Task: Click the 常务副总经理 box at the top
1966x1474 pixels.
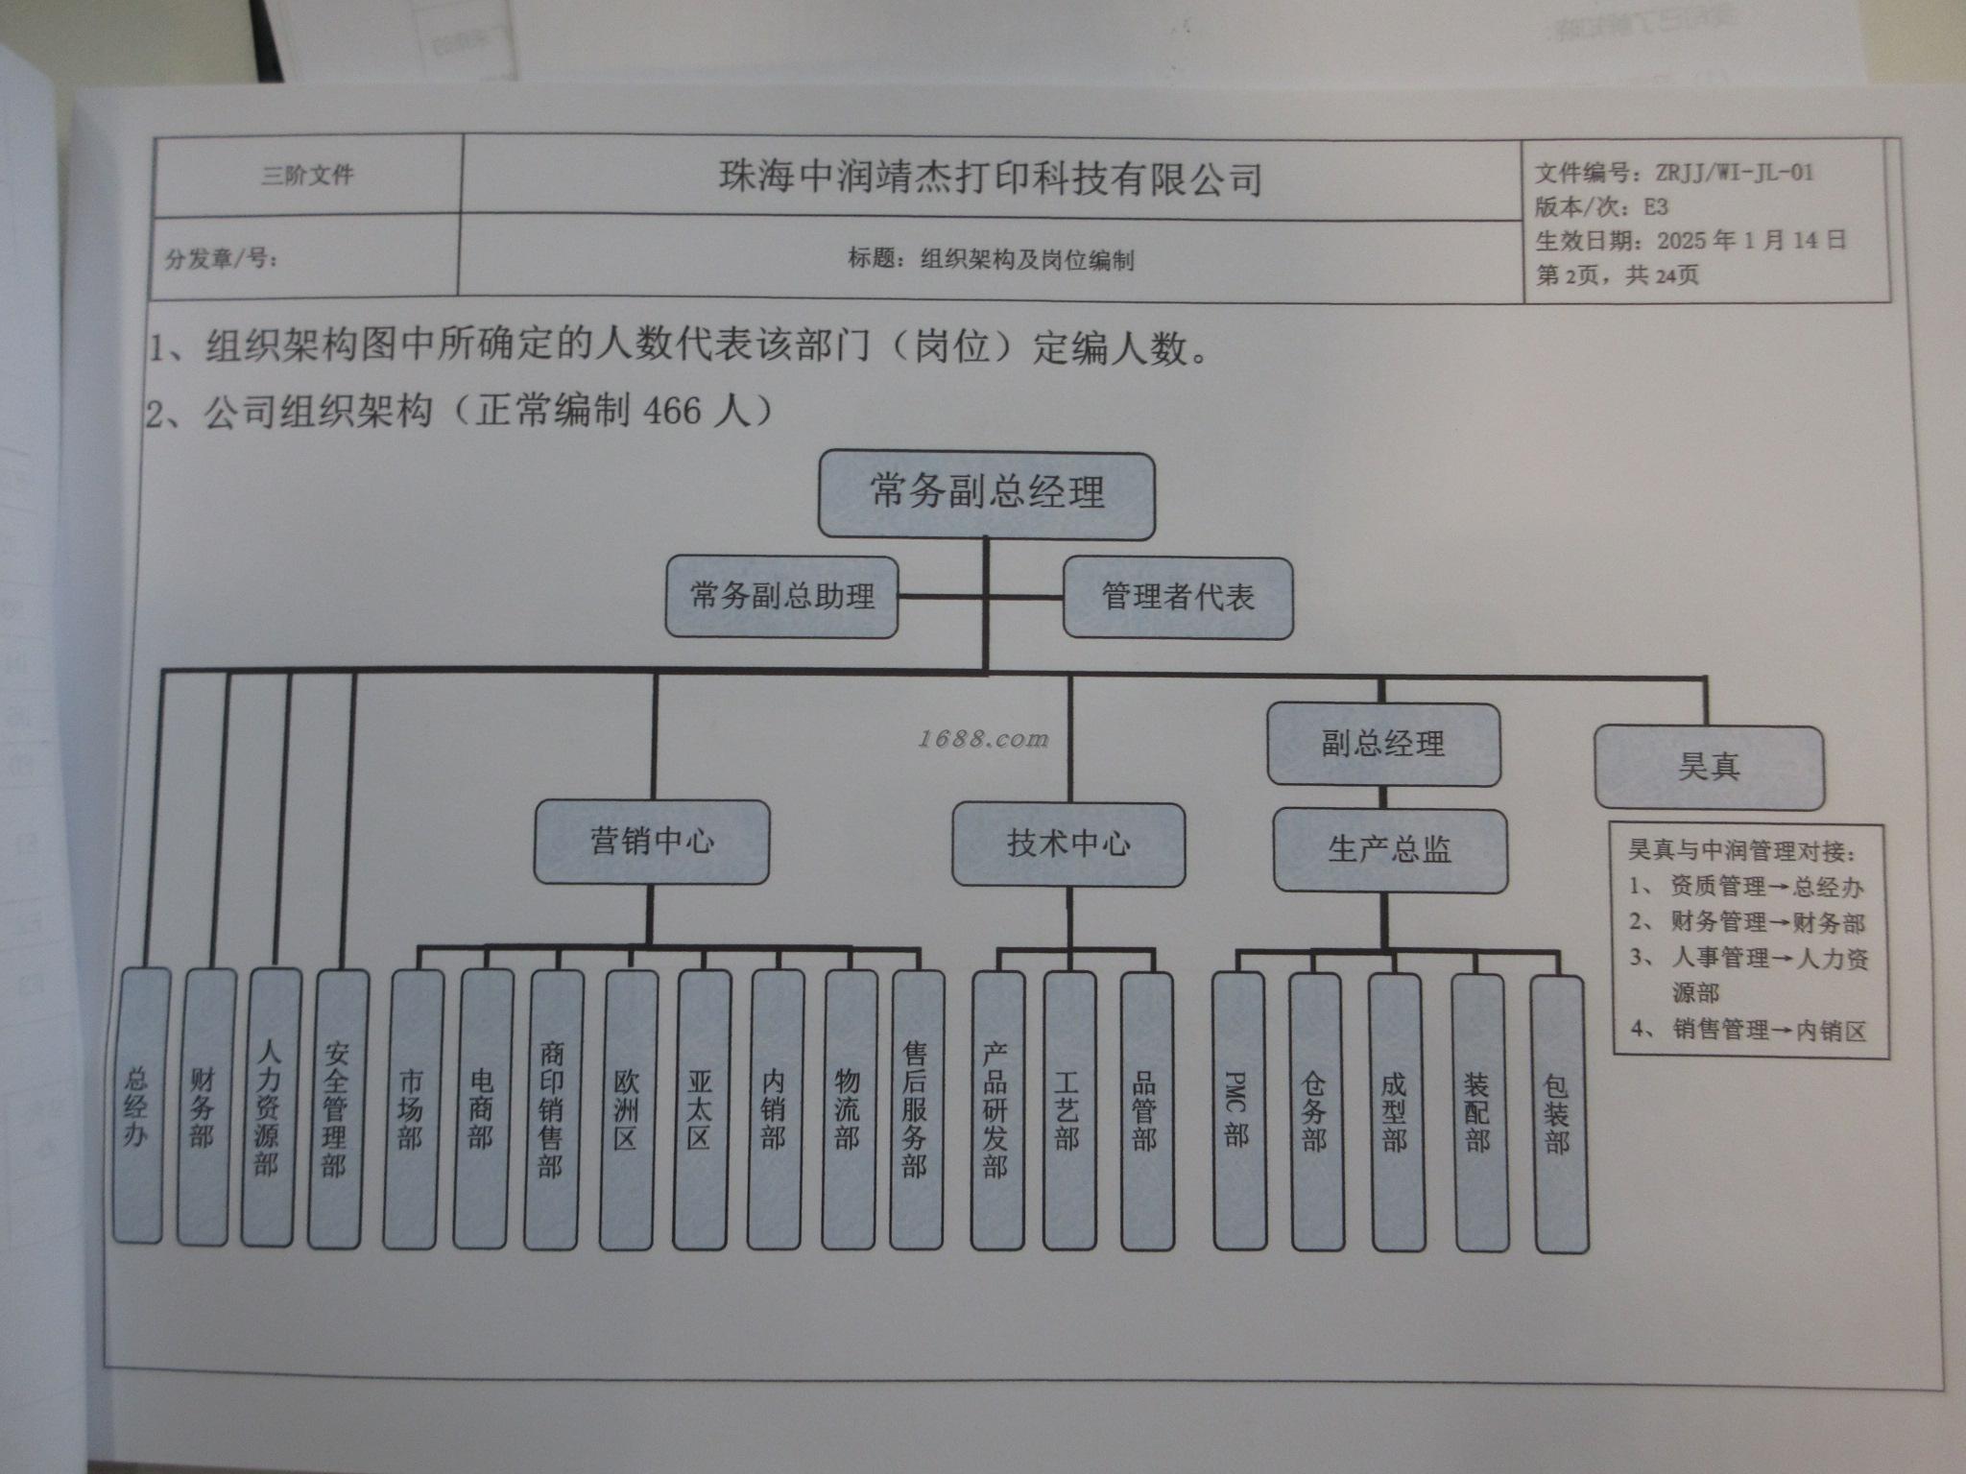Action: click(986, 494)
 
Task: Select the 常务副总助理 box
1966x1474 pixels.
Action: click(781, 597)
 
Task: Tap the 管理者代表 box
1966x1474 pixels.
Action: click(1178, 598)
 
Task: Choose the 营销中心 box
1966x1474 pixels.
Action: click(652, 842)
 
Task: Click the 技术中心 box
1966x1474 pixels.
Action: click(1068, 844)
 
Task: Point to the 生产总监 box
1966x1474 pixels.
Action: click(1389, 849)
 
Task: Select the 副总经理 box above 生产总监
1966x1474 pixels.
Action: click(1382, 744)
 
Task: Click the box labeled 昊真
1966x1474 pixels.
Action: click(1709, 767)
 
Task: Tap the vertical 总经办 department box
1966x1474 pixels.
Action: click(139, 1106)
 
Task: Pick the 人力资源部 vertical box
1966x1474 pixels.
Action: click(268, 1106)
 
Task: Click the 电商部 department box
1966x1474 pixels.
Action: click(481, 1108)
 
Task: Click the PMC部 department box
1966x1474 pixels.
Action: click(1238, 1110)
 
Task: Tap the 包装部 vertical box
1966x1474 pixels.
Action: click(1557, 1113)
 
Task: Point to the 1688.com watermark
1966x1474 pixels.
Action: click(983, 739)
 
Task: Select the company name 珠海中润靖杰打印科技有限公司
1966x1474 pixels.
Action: click(990, 178)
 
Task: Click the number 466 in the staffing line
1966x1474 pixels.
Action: click(672, 411)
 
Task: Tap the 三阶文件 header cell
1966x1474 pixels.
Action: click(307, 176)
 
